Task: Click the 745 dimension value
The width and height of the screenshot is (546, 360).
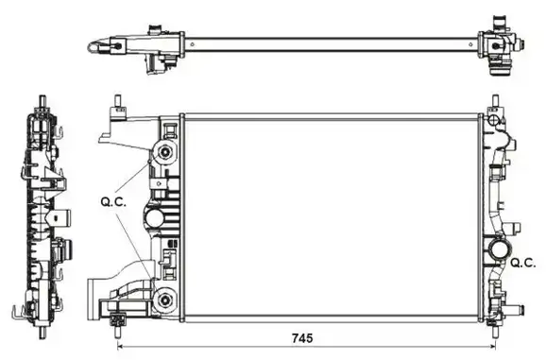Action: (302, 338)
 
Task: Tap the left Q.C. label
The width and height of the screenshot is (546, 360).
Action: (113, 202)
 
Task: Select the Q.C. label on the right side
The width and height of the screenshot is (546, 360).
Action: (523, 263)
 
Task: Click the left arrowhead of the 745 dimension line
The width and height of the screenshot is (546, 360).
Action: (121, 347)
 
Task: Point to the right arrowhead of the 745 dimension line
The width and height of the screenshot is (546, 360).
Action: (492, 347)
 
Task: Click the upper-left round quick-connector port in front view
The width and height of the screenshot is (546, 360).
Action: (165, 152)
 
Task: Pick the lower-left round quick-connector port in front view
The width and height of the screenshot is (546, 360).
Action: (165, 300)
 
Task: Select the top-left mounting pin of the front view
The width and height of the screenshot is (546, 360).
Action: (118, 103)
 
